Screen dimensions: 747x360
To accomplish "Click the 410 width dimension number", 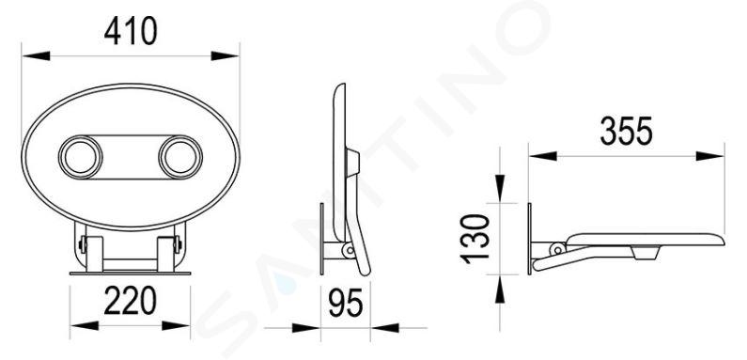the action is click(x=131, y=31).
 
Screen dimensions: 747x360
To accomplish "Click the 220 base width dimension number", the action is click(x=130, y=301).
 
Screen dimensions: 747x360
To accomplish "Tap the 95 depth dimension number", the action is click(x=346, y=303).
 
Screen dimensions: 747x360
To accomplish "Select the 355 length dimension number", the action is click(x=626, y=132).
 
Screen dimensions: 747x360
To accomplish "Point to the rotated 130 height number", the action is click(x=475, y=239).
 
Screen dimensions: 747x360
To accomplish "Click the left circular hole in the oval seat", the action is click(x=81, y=157).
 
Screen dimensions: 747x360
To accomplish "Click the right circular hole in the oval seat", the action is click(x=180, y=157).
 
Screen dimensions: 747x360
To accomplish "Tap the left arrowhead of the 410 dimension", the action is click(x=37, y=55).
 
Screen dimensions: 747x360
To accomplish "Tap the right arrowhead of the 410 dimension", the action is click(x=225, y=55).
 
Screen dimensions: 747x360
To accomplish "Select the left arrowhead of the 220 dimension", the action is click(x=85, y=325).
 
